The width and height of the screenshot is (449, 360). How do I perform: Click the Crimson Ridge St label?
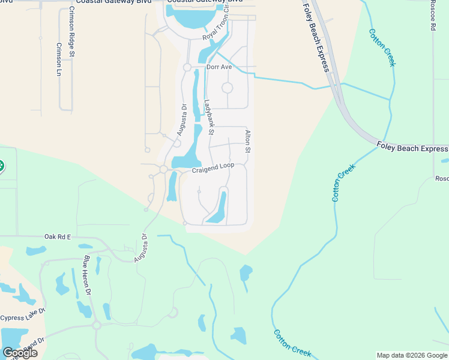[71, 32]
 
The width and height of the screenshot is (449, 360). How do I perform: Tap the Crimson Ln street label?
[59, 59]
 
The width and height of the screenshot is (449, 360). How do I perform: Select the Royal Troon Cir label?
[217, 28]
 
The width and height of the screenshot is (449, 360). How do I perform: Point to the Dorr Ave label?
[219, 67]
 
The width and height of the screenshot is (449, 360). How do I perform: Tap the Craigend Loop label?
[212, 168]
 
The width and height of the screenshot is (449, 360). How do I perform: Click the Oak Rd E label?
[57, 237]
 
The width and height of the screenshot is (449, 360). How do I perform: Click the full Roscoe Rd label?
[433, 15]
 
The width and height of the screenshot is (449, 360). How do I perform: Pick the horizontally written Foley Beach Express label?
[412, 148]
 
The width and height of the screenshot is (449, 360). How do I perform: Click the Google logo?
[19, 353]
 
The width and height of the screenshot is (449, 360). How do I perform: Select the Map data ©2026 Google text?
[411, 355]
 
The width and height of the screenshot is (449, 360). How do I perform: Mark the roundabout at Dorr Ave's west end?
[187, 67]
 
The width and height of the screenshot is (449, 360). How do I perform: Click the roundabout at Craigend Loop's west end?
[163, 170]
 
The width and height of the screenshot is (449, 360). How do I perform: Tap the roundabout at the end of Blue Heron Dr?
[96, 325]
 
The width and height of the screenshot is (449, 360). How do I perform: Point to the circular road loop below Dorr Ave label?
[227, 88]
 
